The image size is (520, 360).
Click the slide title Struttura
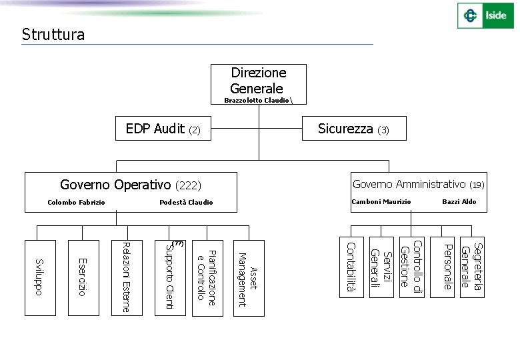point(53,35)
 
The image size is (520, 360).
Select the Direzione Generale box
point(258,81)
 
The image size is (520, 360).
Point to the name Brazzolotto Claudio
point(257,100)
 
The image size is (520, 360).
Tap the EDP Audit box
point(163,129)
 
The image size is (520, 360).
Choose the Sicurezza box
point(353,129)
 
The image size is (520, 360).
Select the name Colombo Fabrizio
point(77,202)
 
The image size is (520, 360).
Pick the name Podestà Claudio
point(187,202)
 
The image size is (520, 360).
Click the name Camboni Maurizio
point(381,201)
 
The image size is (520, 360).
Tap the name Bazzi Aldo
point(459,201)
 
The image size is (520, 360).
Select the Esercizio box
point(83,277)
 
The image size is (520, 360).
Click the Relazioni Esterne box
point(127,277)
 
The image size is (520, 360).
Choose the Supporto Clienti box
point(169,277)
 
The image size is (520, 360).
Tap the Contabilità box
point(351,267)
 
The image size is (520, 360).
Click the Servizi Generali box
point(381,267)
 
